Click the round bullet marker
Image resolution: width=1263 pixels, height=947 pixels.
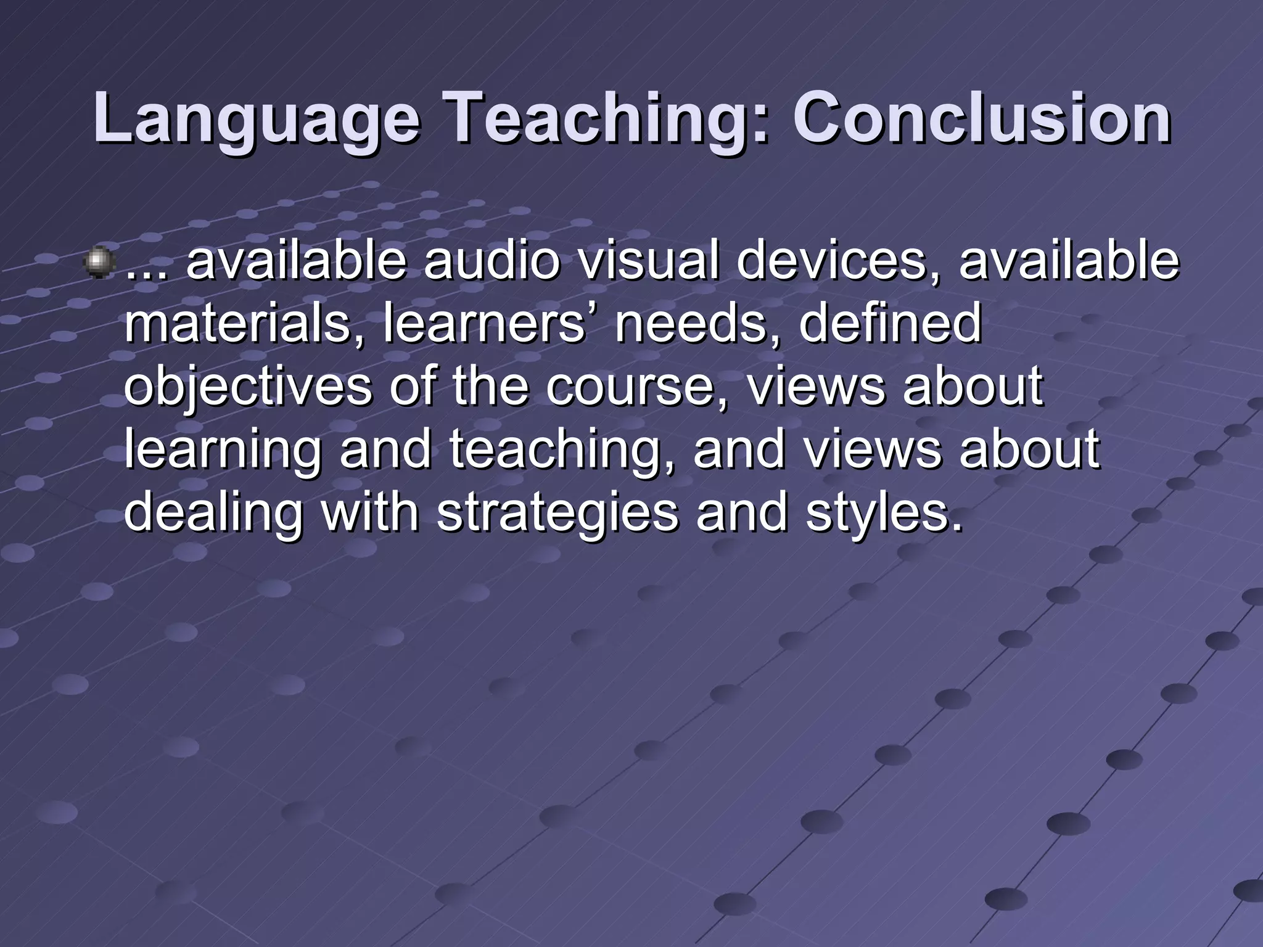point(98,262)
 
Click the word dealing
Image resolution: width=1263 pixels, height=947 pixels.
point(213,514)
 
